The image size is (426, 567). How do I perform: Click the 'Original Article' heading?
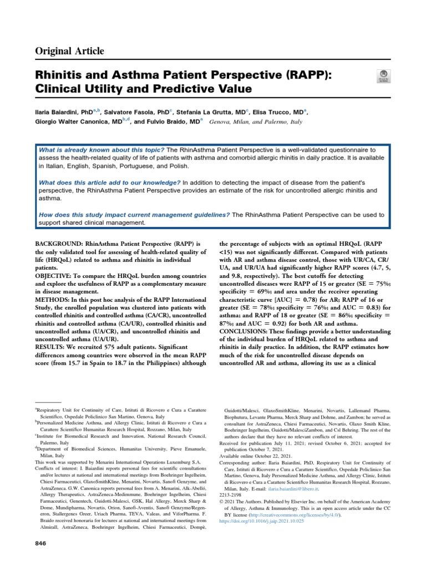[70, 51]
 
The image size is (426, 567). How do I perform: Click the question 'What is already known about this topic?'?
[102, 150]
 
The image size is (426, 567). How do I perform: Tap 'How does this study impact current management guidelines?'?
[134, 215]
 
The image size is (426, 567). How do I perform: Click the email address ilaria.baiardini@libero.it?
[295, 490]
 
